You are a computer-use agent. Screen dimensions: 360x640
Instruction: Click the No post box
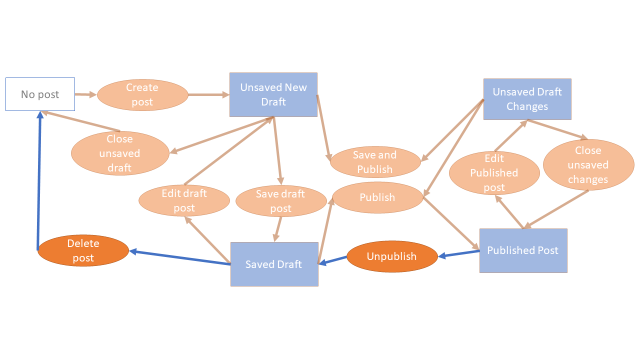pos(40,94)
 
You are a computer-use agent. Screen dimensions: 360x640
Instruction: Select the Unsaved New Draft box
pos(273,94)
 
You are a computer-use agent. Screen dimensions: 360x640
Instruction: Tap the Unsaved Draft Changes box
pos(527,99)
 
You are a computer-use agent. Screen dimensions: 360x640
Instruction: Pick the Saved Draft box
pos(274,264)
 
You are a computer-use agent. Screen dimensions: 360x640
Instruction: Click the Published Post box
pos(523,250)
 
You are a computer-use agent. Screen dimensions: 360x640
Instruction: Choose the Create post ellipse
pos(142,94)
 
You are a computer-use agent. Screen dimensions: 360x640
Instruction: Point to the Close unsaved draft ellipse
pos(120,153)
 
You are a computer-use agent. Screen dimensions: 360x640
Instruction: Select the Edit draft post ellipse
pos(184,200)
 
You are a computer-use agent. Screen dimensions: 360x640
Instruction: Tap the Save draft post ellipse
pos(280,200)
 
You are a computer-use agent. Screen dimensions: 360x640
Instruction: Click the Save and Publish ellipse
pos(375,162)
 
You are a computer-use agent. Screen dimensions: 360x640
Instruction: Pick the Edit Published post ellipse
pos(494,173)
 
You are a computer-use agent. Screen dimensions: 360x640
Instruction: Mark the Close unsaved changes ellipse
pos(588,165)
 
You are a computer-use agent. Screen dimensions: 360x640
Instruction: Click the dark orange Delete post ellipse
pos(83,250)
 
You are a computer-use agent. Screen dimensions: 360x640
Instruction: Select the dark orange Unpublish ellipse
pos(391,256)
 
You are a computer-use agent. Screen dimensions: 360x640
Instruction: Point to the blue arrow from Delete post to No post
pos(39,180)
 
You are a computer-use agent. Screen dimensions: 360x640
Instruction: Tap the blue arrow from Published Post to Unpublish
pos(458,254)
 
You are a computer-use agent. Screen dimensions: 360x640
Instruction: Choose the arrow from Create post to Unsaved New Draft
pos(208,94)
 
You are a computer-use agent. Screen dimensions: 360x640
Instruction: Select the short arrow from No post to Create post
pos(85,94)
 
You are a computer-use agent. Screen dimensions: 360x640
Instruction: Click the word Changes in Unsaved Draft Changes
pos(527,106)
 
